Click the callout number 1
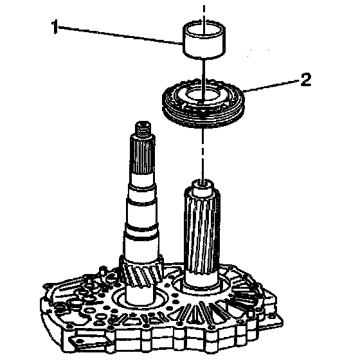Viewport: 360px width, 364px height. tap(55, 27)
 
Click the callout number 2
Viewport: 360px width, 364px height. tap(306, 80)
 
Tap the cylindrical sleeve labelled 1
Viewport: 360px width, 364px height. tap(204, 39)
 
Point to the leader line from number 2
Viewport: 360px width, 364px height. tap(271, 86)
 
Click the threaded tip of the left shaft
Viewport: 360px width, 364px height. tap(143, 128)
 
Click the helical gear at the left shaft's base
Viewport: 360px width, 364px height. tap(141, 271)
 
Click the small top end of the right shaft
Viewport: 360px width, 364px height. tap(203, 186)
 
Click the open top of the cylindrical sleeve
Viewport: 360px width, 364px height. tap(204, 28)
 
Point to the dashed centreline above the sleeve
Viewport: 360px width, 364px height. tap(204, 13)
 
